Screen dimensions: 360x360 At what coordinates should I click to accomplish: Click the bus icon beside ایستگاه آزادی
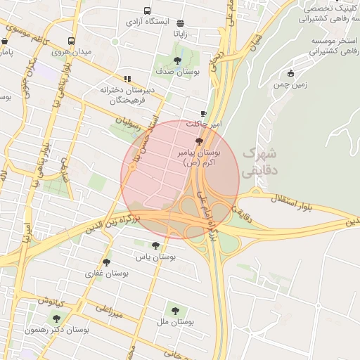click(x=147, y=11)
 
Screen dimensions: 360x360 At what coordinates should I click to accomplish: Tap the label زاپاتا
click(x=181, y=33)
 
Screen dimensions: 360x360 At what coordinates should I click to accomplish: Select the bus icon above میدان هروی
click(x=71, y=41)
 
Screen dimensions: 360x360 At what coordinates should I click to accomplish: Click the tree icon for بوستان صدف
click(x=176, y=60)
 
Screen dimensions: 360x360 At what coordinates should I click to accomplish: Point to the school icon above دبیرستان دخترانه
click(x=127, y=79)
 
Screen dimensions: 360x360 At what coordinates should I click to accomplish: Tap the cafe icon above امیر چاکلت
click(x=203, y=113)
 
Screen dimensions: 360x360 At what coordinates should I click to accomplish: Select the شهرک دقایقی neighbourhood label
click(x=259, y=161)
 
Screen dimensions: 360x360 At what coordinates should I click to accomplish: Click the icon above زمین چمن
click(x=290, y=73)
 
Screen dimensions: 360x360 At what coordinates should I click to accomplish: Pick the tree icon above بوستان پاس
click(x=155, y=245)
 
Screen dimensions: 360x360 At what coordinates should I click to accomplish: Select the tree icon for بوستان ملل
click(x=174, y=310)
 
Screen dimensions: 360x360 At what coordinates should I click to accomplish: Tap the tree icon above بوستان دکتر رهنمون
click(x=56, y=319)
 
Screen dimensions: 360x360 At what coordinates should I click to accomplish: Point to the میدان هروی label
click(x=70, y=53)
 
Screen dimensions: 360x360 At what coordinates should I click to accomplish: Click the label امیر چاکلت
click(x=203, y=124)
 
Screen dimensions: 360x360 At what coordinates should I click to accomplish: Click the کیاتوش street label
click(x=52, y=302)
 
